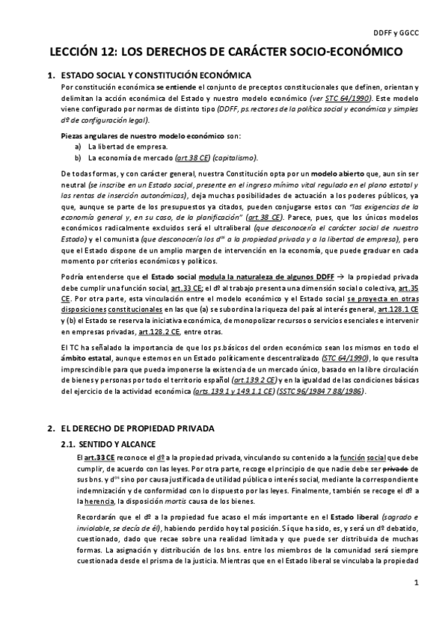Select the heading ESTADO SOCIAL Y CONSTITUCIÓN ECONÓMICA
[156, 76]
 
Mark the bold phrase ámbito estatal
[86, 358]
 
